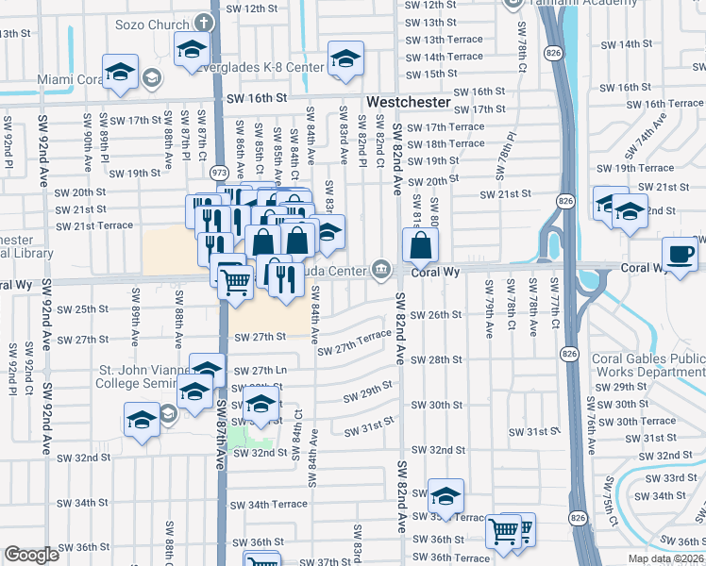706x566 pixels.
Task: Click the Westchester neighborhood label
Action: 407,99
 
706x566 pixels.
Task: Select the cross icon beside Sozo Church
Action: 203,21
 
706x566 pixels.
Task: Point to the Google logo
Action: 31,555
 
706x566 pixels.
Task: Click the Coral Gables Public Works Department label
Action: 647,365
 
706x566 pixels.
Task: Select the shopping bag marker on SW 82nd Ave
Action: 420,247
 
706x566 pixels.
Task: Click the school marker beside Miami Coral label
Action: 121,74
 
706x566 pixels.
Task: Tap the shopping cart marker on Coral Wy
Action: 234,279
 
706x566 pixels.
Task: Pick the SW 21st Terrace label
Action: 94,225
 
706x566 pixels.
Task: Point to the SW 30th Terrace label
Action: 645,421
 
